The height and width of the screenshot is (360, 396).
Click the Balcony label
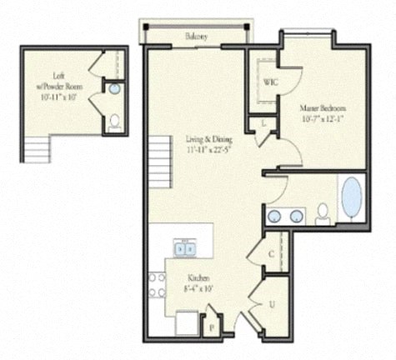[197, 37]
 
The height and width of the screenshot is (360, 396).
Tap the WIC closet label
[270, 82]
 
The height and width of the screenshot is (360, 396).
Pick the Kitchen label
[198, 277]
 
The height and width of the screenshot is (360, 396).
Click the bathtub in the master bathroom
[352, 197]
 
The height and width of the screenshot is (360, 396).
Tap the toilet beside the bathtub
[323, 213]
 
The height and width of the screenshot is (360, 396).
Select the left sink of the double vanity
[275, 217]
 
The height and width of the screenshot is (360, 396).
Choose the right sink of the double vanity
[296, 217]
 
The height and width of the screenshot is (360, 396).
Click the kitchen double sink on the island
[184, 247]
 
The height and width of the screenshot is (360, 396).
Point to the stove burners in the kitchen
[156, 285]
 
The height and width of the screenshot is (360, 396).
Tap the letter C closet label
[272, 254]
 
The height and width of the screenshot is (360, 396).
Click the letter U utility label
[272, 305]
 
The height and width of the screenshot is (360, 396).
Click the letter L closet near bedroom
[263, 123]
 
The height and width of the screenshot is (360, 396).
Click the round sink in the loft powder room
[115, 88]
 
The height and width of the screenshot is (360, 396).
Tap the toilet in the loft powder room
[115, 122]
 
